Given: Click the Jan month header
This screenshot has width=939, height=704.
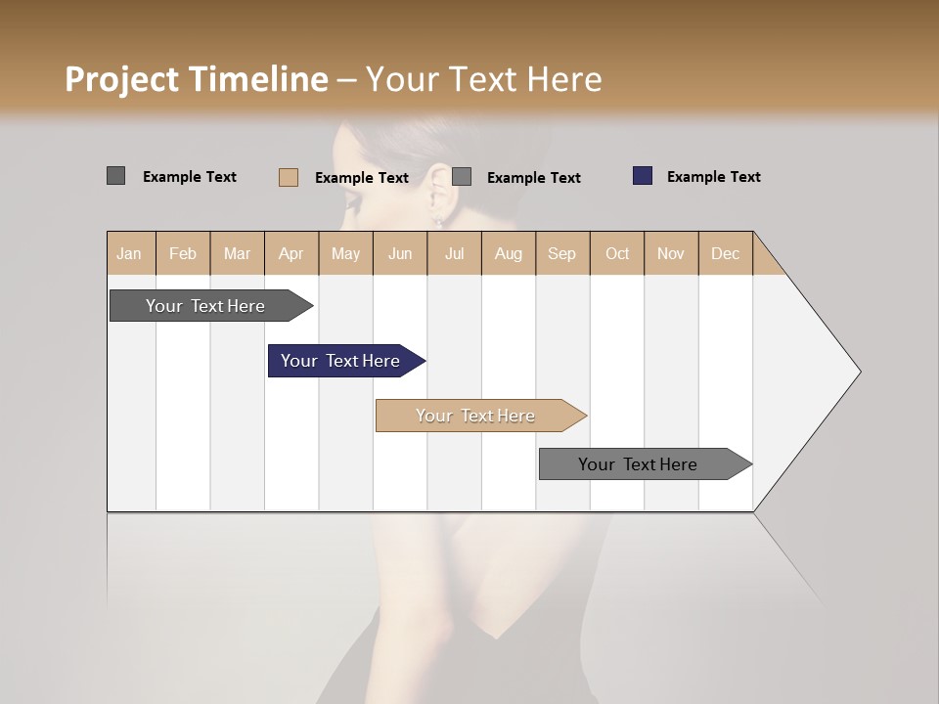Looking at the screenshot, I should pyautogui.click(x=129, y=253).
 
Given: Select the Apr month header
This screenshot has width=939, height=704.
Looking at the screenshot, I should pyautogui.click(x=291, y=253).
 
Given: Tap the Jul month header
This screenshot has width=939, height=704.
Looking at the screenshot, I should pyautogui.click(x=454, y=253).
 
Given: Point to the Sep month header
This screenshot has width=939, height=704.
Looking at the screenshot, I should pyautogui.click(x=561, y=253).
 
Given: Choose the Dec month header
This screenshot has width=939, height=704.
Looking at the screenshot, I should pyautogui.click(x=725, y=253).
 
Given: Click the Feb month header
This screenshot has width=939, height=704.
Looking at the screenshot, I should pyautogui.click(x=183, y=253).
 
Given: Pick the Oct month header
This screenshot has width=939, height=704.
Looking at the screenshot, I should pyautogui.click(x=617, y=253).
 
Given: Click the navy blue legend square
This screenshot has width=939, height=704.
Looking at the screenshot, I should pyautogui.click(x=643, y=176).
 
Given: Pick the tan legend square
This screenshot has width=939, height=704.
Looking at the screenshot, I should pyautogui.click(x=289, y=177).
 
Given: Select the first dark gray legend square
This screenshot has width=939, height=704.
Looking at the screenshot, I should pyautogui.click(x=116, y=176).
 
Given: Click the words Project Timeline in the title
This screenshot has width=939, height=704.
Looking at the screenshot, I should pyautogui.click(x=197, y=79).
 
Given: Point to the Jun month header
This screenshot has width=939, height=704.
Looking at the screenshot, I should pyautogui.click(x=400, y=253).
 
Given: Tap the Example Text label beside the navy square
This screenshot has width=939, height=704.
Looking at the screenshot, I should pyautogui.click(x=713, y=177).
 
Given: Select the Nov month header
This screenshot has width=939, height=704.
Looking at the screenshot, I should pyautogui.click(x=671, y=253).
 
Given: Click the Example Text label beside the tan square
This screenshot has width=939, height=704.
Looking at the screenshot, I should pyautogui.click(x=361, y=178).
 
